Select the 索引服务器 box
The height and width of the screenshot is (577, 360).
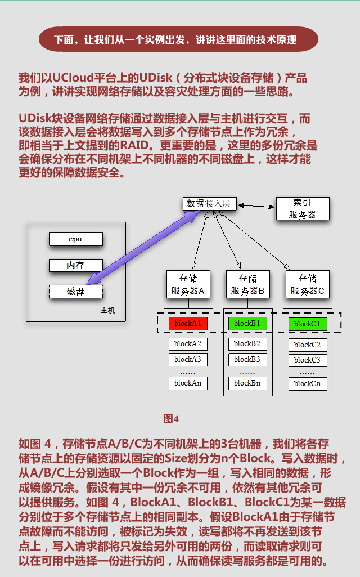point(302,208)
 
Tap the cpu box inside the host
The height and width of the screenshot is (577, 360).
point(75,239)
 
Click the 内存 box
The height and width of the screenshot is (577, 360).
point(75,265)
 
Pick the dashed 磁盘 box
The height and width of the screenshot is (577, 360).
point(75,292)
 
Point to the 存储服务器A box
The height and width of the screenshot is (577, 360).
point(188,284)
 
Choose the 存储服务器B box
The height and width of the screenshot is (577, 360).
point(247,284)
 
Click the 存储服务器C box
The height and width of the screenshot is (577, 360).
point(307,284)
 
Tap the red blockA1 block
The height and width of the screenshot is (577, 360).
point(188,324)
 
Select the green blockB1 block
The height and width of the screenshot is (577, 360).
point(247,324)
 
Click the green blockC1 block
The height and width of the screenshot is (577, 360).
point(307,324)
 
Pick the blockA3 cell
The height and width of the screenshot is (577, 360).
point(188,359)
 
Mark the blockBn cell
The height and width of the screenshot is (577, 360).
point(247,383)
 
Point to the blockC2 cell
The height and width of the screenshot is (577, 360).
point(307,345)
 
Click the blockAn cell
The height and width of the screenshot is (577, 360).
point(188,383)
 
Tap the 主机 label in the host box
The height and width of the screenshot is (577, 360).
point(108,310)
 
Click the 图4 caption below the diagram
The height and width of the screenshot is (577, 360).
point(171,418)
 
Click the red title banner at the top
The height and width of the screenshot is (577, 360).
point(179,40)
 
